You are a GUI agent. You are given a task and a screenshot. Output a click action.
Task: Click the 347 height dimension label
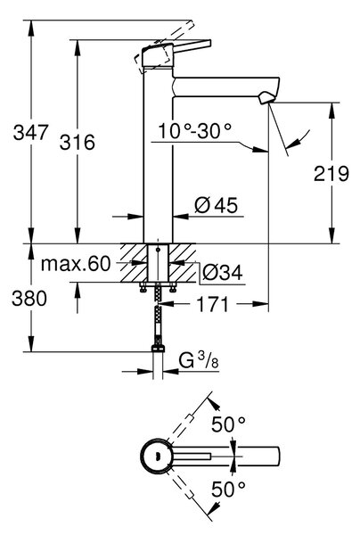[30, 132]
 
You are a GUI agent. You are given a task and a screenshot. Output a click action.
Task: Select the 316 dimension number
[78, 143]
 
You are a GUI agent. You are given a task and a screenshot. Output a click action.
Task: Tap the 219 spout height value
[331, 174]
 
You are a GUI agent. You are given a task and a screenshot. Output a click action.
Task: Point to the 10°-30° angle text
[194, 131]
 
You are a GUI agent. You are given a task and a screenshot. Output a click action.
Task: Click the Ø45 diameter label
[217, 205]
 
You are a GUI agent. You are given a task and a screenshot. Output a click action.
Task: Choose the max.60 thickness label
[76, 264]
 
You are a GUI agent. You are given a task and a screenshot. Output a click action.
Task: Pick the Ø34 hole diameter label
[222, 273]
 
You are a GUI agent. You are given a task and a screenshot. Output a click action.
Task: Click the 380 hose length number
[29, 299]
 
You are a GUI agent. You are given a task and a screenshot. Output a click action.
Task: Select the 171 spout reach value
[212, 304]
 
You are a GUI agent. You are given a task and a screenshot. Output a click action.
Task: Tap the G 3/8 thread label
[199, 360]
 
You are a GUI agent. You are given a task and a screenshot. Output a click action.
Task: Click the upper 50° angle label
[228, 424]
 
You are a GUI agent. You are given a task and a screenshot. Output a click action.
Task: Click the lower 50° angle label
[228, 489]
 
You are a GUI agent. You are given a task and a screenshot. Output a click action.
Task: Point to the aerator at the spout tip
[266, 98]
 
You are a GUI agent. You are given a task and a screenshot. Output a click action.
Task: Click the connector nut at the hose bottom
[158, 349]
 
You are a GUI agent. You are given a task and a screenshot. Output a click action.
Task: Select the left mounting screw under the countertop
[143, 287]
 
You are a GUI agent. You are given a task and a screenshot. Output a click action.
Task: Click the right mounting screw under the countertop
[173, 287]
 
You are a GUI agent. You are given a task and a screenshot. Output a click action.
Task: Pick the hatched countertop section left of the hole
[134, 263]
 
